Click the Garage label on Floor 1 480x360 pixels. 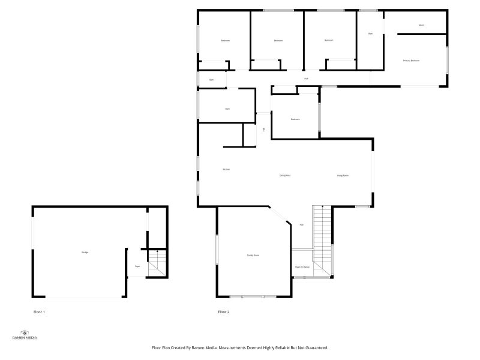point(85,252)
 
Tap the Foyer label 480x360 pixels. point(137,266)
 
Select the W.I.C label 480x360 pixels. point(421,25)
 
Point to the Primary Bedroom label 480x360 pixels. point(411,61)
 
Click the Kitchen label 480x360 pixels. point(226,169)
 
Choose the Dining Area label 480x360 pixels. point(285,175)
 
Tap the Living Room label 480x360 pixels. point(343,175)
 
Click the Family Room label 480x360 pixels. point(253,255)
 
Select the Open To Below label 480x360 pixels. point(302,267)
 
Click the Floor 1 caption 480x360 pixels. point(39,312)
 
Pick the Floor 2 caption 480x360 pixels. point(224,312)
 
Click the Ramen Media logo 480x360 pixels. point(25,335)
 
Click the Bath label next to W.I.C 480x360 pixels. point(370,34)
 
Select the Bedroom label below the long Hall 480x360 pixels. point(295,119)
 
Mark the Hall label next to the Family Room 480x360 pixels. point(302,224)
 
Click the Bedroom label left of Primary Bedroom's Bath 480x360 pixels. point(329,40)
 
